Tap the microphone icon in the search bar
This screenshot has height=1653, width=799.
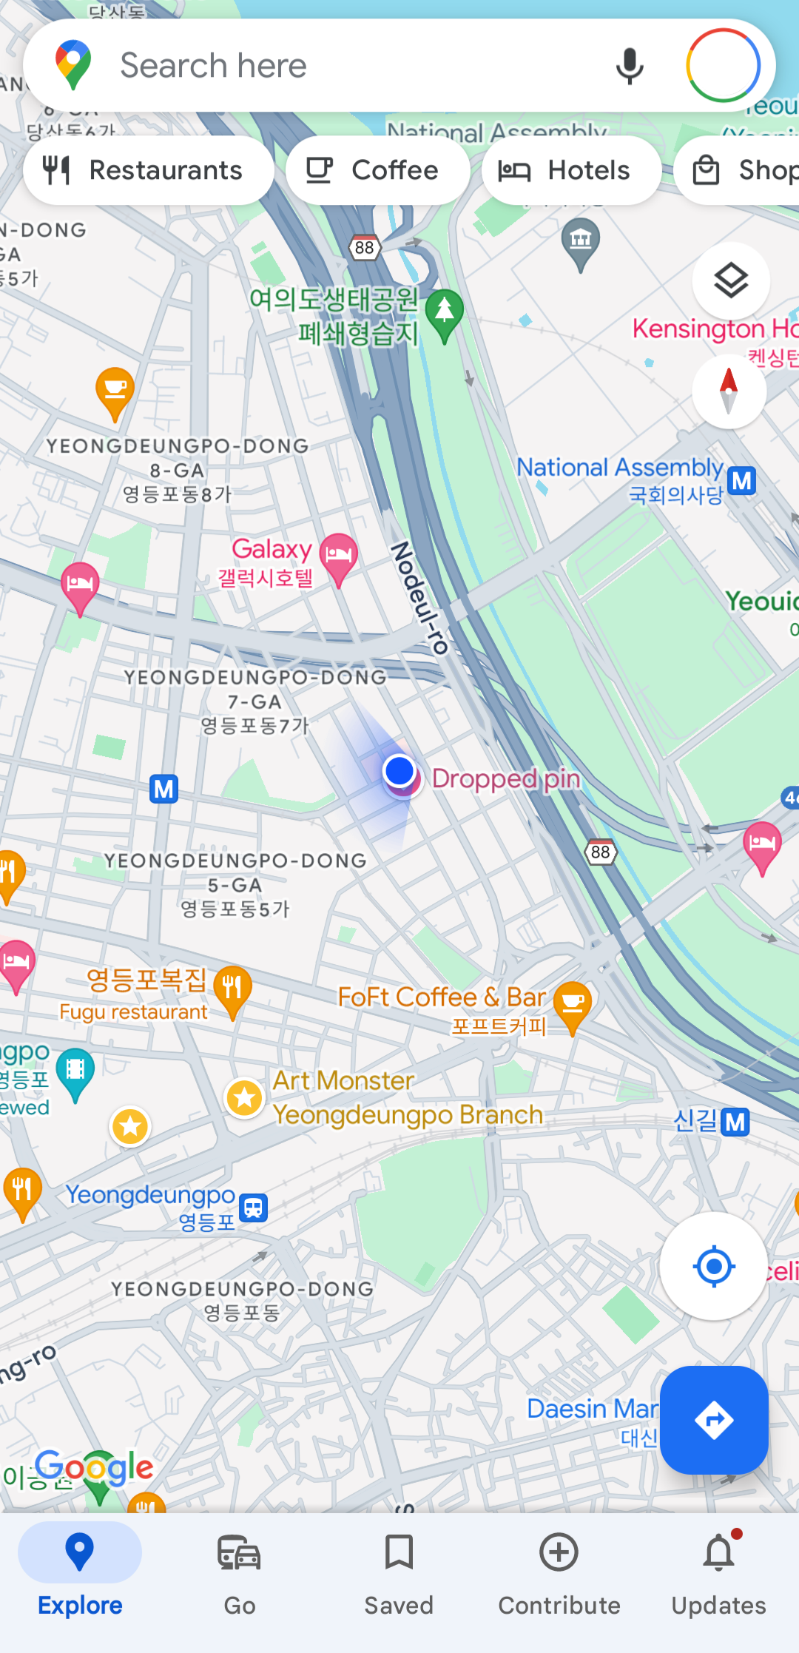(630, 66)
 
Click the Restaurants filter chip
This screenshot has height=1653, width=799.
(148, 170)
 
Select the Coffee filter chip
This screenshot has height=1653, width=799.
(377, 170)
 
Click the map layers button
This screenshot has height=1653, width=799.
(731, 280)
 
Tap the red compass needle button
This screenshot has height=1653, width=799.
(729, 391)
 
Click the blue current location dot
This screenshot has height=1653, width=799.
(399, 771)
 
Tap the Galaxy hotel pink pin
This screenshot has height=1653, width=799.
(339, 554)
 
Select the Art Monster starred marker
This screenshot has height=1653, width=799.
(245, 1098)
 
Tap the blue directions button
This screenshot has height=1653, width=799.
(714, 1420)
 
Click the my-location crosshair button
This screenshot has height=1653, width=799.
(714, 1266)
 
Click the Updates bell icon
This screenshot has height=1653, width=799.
(718, 1554)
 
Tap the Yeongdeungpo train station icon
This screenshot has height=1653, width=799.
(254, 1207)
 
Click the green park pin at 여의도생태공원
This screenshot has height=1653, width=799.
(445, 312)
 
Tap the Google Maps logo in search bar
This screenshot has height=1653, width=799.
(73, 64)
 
